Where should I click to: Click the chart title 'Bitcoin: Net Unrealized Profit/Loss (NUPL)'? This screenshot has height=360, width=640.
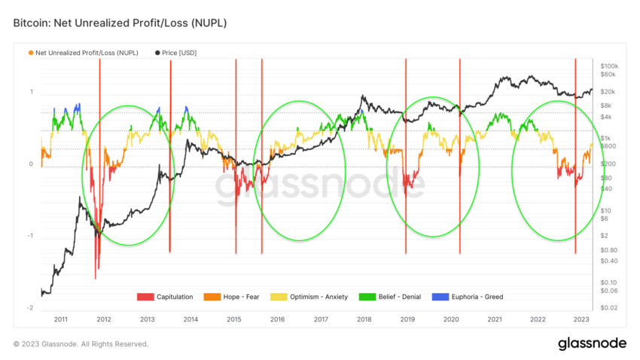(x=120, y=23)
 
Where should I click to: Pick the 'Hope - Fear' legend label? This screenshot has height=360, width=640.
(x=242, y=297)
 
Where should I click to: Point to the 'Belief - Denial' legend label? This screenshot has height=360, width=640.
(x=404, y=297)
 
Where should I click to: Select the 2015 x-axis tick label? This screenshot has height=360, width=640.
(x=234, y=319)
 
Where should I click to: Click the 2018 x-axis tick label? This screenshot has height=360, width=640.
(x=364, y=319)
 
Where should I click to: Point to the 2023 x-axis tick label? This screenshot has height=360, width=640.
(x=581, y=319)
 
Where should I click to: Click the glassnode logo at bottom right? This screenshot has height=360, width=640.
(x=592, y=343)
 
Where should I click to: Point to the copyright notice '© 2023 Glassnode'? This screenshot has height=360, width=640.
(x=81, y=344)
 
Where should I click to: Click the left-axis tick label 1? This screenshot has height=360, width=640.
(x=32, y=92)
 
